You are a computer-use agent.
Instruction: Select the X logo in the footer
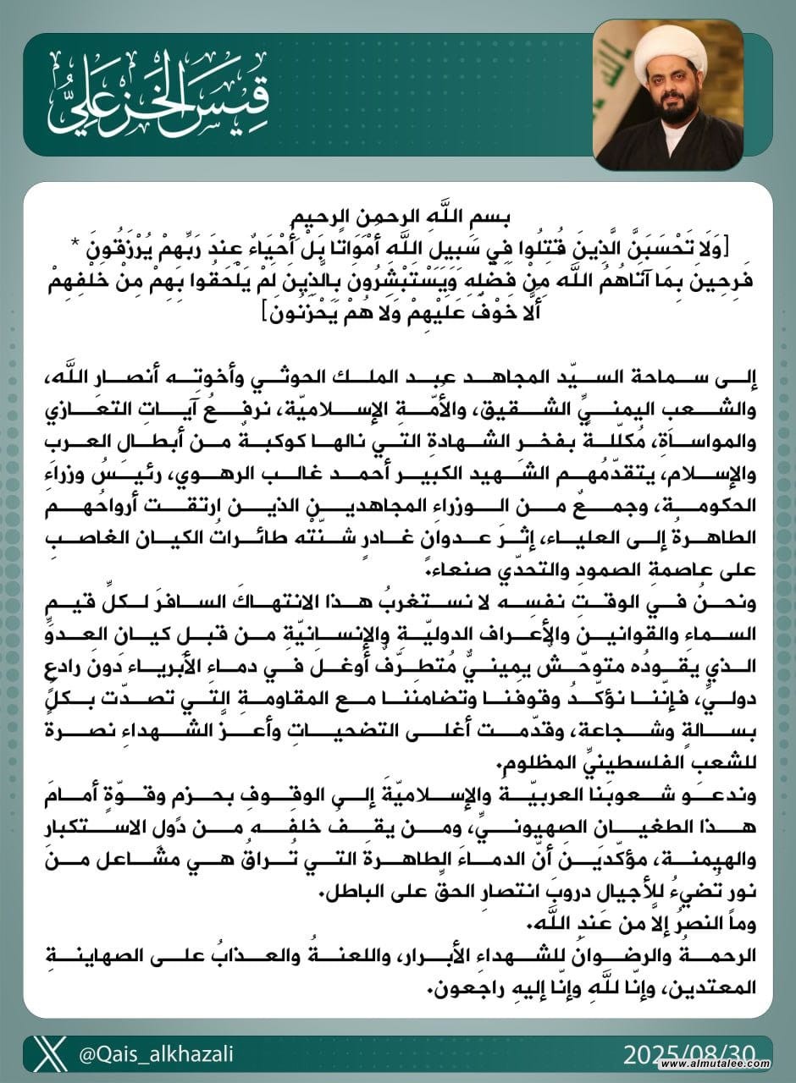(x=53, y=1053)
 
